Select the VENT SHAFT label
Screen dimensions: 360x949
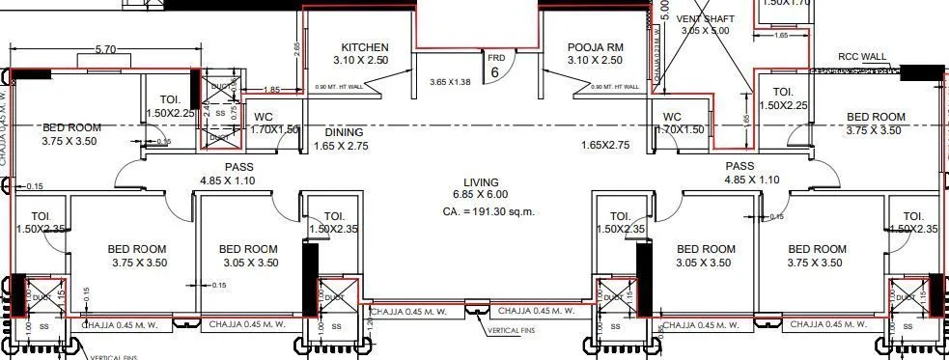(x=707, y=18)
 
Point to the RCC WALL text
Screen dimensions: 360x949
(x=862, y=56)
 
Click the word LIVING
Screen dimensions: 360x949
(x=480, y=181)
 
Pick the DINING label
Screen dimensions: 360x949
(x=344, y=132)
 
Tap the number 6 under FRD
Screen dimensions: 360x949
(x=494, y=72)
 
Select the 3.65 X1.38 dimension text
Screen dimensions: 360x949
(x=449, y=83)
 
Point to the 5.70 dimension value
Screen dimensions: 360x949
(x=106, y=49)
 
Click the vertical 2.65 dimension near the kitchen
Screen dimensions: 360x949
(x=297, y=45)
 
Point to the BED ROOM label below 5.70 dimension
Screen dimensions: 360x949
(x=72, y=126)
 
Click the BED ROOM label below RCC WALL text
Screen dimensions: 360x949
(x=876, y=117)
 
